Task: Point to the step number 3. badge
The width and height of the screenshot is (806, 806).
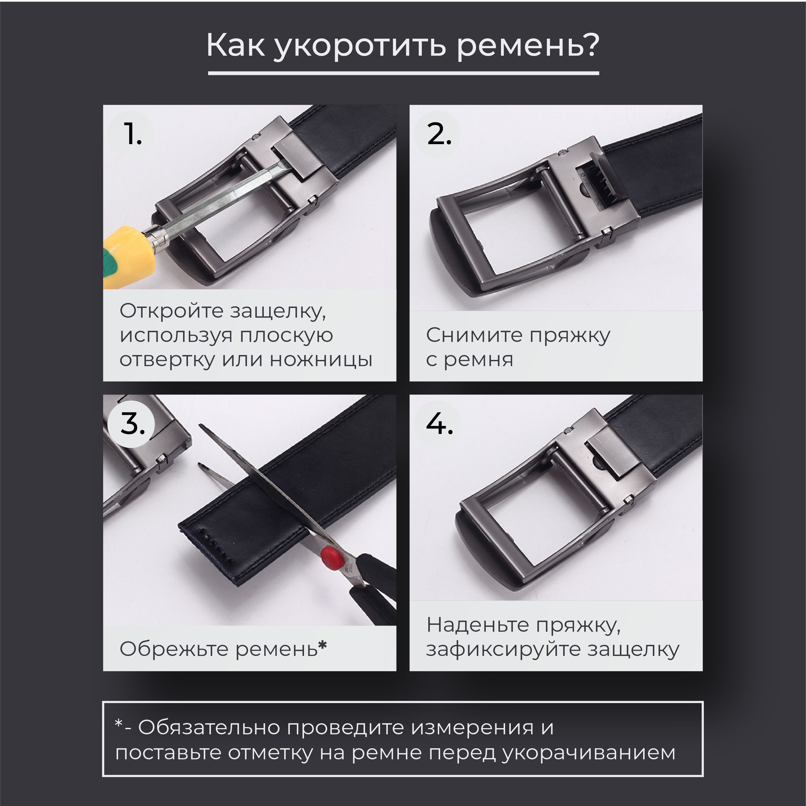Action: [131, 424]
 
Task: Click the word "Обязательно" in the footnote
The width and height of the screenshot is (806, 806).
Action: [209, 728]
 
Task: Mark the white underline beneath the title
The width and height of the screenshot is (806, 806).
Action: [404, 73]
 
